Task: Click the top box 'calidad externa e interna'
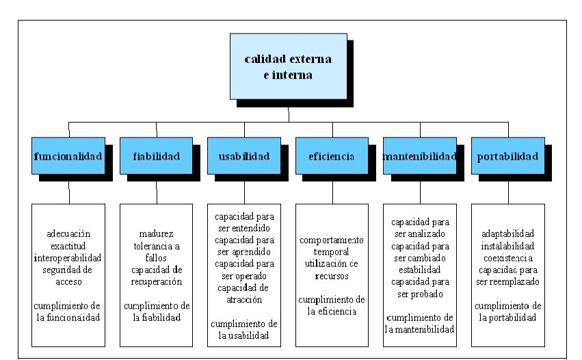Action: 288,66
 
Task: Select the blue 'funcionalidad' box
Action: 68,156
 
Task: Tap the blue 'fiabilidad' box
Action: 157,156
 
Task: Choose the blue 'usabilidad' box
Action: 244,156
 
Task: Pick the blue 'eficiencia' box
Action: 332,156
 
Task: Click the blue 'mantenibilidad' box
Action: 419,156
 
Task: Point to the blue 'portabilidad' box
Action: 507,156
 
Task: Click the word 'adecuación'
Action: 69,233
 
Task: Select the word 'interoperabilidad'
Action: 69,257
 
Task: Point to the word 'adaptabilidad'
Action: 508,233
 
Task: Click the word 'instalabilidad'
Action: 508,245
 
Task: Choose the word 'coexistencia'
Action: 508,257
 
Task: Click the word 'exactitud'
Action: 69,245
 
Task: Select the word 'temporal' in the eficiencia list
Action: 332,253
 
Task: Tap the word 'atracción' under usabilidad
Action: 244,299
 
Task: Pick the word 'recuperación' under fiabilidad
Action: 157,281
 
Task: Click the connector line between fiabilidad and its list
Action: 157,193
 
